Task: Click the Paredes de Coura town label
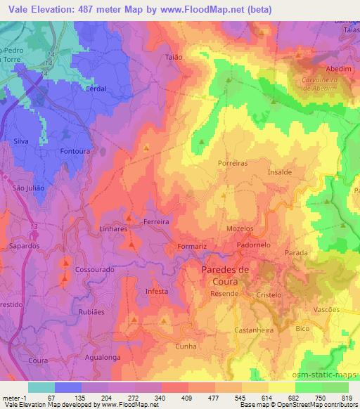[x=225, y=275]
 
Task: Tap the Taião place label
[x=174, y=57]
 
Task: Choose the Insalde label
[x=280, y=171]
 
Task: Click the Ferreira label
[x=156, y=221]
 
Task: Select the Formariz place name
[x=192, y=247]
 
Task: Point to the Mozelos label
[x=239, y=229]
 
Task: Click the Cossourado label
[x=94, y=269]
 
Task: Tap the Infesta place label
[x=156, y=291]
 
